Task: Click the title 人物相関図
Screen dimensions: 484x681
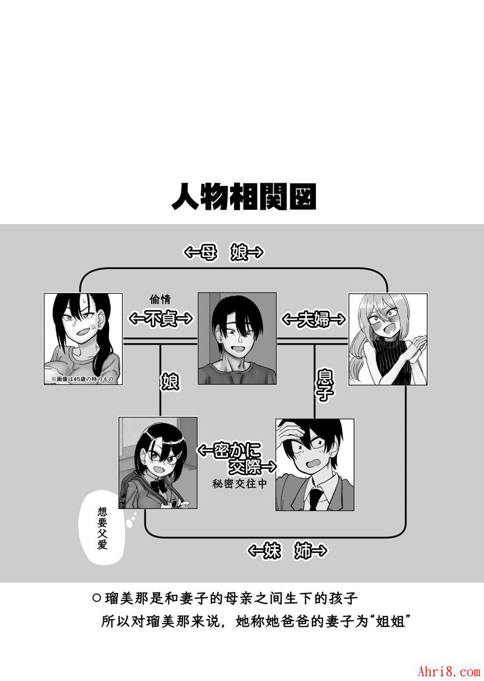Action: pyautogui.click(x=244, y=197)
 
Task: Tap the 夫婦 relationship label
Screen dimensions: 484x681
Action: pyautogui.click(x=314, y=319)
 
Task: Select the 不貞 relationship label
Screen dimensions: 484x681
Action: pyautogui.click(x=160, y=318)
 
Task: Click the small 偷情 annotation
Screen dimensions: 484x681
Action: pyautogui.click(x=160, y=300)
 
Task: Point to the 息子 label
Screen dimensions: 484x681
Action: pyautogui.click(x=324, y=385)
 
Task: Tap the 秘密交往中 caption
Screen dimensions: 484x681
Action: pyautogui.click(x=239, y=483)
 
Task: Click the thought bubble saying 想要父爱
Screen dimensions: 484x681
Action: pyautogui.click(x=103, y=528)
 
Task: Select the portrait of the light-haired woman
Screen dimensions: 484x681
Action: pyautogui.click(x=388, y=339)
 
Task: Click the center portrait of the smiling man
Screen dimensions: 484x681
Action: pyautogui.click(x=237, y=338)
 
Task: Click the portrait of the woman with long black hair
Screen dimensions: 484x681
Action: pyautogui.click(x=83, y=339)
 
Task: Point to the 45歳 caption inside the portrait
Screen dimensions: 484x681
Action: pyautogui.click(x=82, y=379)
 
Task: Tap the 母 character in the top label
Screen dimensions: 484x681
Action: pyautogui.click(x=209, y=252)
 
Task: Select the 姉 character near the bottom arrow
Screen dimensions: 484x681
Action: pyautogui.click(x=303, y=550)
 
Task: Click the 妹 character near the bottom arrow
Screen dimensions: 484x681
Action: pyautogui.click(x=272, y=550)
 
